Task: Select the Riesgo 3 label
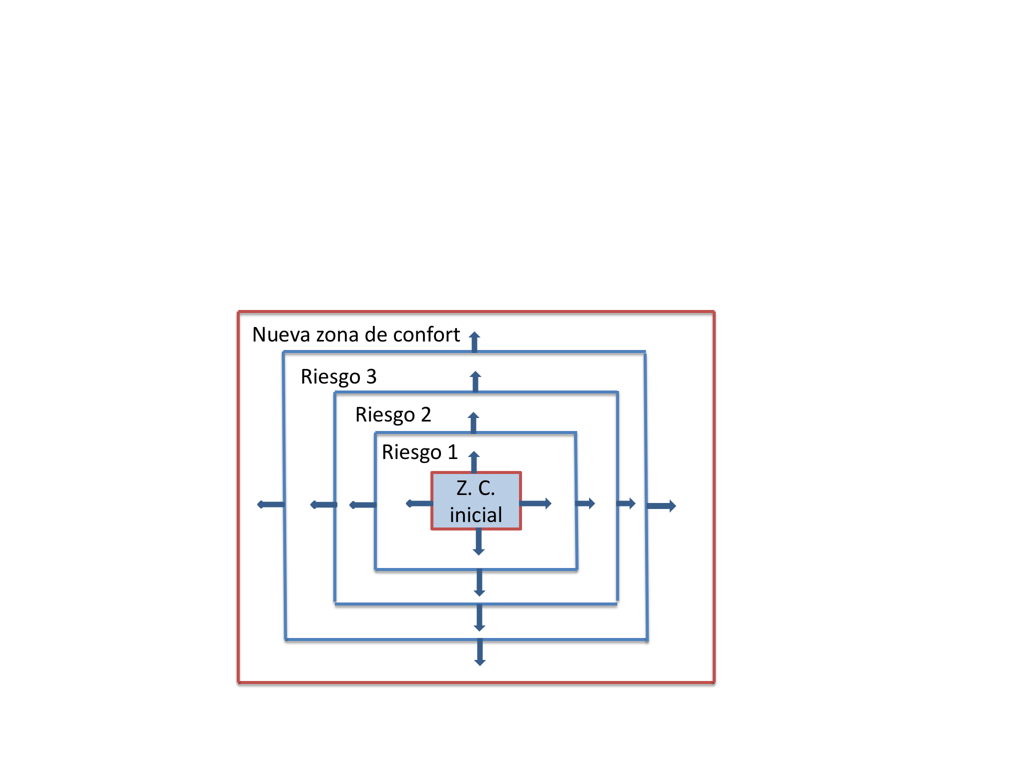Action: [x=338, y=376]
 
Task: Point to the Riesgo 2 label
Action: [x=393, y=414]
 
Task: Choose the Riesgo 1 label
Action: [x=419, y=452]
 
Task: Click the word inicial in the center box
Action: [x=475, y=514]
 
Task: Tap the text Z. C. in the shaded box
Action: [x=475, y=488]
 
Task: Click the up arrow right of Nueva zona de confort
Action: [x=474, y=341]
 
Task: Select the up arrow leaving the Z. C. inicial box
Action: [x=474, y=461]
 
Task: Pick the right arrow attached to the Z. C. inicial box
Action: [x=536, y=503]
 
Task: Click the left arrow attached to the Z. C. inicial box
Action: [x=419, y=503]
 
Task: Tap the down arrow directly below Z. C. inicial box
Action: [x=478, y=542]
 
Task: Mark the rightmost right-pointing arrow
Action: [x=661, y=506]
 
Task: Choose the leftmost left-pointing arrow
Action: [x=271, y=504]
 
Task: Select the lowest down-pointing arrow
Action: [x=480, y=652]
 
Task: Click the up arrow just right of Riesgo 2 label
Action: [x=473, y=422]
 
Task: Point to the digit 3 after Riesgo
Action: [x=371, y=376]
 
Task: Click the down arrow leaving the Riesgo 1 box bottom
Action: [x=479, y=582]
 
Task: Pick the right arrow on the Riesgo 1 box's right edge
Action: [x=586, y=503]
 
